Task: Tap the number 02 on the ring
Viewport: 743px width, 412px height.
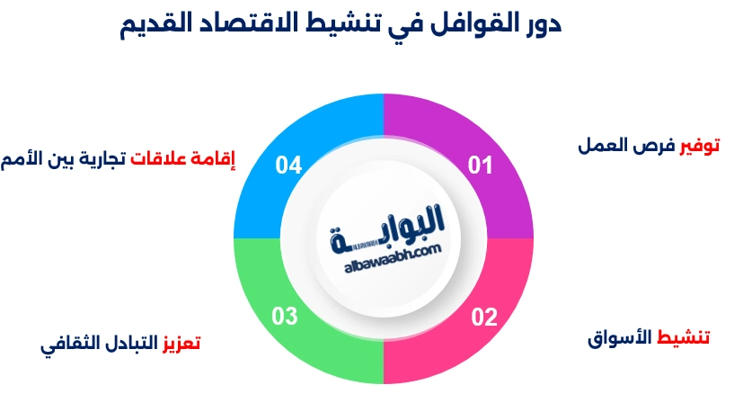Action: [483, 316]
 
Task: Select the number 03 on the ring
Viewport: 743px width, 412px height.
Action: [285, 316]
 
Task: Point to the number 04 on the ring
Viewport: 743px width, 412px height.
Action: [288, 166]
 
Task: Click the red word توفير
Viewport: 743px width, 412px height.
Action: [702, 145]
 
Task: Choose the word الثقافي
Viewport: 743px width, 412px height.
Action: [67, 345]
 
